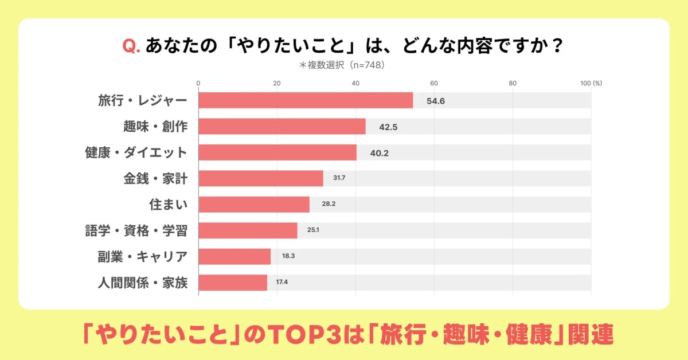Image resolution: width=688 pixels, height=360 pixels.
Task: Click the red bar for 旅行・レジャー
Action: pos(306,100)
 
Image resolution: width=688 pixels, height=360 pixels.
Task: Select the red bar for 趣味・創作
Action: pos(282,126)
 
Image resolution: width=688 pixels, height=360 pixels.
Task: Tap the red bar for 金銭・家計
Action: pos(261,178)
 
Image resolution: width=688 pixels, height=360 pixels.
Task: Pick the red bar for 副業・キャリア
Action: pos(234,256)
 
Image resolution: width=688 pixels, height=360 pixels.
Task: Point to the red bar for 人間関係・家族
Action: pos(233,283)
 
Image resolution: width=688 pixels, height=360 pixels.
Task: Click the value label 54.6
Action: pos(436,101)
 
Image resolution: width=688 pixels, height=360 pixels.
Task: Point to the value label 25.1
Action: pos(312,230)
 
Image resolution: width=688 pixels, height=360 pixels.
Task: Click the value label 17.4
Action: pos(282,283)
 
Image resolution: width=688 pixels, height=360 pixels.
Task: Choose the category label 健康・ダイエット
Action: pos(136,152)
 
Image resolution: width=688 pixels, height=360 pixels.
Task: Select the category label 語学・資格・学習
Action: pos(136,230)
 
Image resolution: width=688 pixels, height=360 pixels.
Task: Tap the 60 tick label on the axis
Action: pos(434,83)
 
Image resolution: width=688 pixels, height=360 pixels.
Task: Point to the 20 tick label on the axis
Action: pos(277,83)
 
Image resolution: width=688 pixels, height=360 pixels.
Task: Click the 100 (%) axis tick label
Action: pos(591,83)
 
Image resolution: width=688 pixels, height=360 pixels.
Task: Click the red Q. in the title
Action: pos(132,45)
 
